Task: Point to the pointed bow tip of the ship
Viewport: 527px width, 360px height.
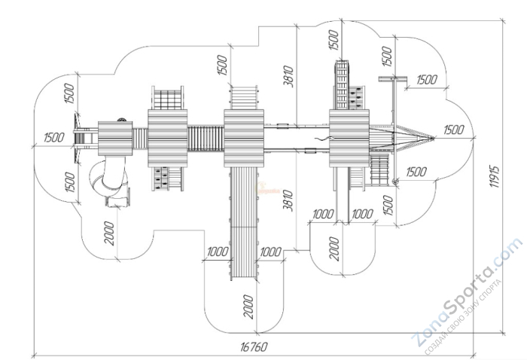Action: pyautogui.click(x=434, y=136)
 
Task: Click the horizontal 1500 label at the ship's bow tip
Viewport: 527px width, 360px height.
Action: pyautogui.click(x=453, y=130)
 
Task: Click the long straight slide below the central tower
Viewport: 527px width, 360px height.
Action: pyautogui.click(x=243, y=222)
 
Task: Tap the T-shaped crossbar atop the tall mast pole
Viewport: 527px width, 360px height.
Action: pyautogui.click(x=391, y=78)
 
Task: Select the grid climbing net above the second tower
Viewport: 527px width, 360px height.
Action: pyautogui.click(x=168, y=99)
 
